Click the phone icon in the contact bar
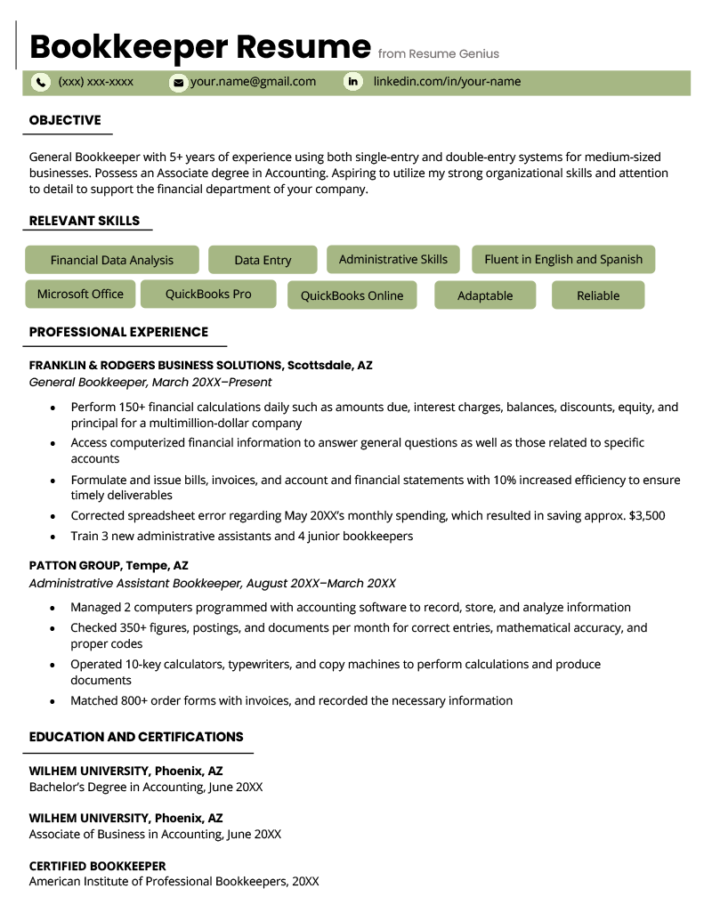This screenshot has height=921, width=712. pos(41,83)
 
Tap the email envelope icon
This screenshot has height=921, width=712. pos(178,83)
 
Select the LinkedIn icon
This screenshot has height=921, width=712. pos(353,83)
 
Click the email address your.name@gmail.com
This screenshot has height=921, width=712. pos(253,82)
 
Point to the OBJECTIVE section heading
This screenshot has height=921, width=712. pos(65,120)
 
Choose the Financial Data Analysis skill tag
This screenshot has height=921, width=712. pos(112,260)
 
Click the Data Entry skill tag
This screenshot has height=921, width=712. pos(263,260)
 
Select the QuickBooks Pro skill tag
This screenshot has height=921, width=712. pos(208,295)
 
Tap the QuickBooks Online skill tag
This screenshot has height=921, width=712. pos(352,295)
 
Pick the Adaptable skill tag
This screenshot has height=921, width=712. pos(485,295)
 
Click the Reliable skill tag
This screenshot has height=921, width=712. pos(598,295)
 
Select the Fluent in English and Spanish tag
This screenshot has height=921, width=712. pos(563,260)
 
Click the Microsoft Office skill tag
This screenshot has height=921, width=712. pos(81,295)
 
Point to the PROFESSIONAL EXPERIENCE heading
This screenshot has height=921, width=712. pos(118,332)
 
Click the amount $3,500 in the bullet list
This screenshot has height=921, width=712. pos(646,515)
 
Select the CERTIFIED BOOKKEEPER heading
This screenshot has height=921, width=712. pos(97,866)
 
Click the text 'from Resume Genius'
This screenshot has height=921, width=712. pos(439,54)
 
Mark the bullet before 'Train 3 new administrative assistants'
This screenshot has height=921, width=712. pos(53,537)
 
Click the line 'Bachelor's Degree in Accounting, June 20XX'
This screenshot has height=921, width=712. pos(146,787)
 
